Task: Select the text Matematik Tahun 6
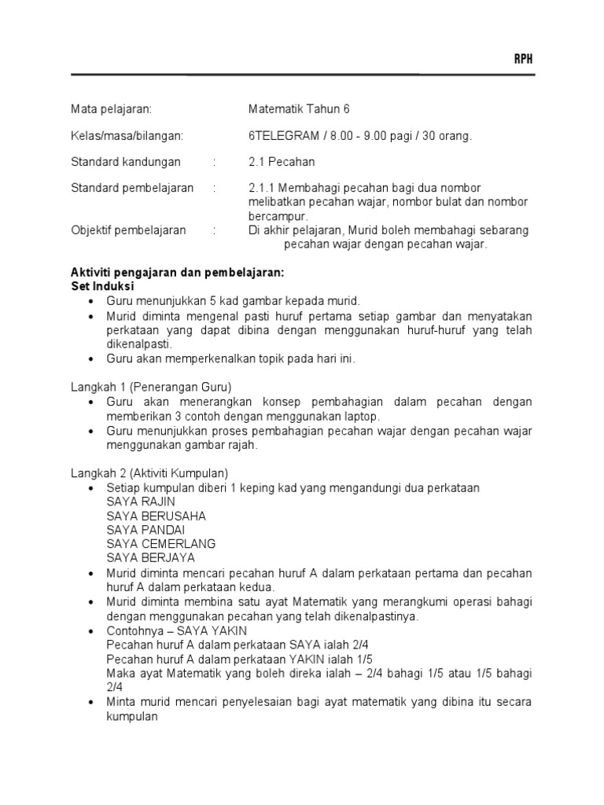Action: click(x=299, y=109)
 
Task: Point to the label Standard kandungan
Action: click(x=126, y=162)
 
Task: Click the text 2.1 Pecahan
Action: click(x=282, y=162)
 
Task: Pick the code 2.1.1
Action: click(x=260, y=188)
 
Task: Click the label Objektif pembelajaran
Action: click(x=129, y=230)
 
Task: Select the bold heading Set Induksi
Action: click(x=103, y=286)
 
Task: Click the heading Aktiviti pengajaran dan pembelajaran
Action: click(x=177, y=273)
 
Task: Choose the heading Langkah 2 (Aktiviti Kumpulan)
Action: click(x=149, y=473)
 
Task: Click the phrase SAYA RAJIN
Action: click(x=141, y=502)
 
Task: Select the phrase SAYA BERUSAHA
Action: click(x=157, y=516)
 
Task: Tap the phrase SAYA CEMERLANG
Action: click(x=161, y=544)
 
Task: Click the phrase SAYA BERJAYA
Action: click(x=151, y=558)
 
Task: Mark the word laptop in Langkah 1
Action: click(x=363, y=416)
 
